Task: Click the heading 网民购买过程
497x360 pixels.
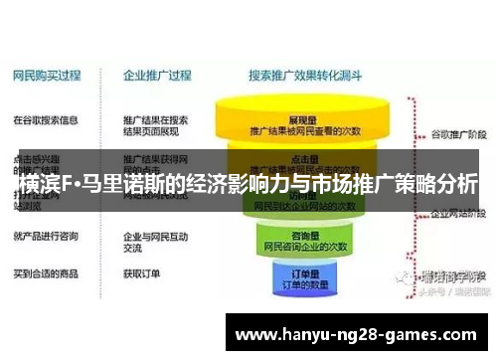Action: (47, 74)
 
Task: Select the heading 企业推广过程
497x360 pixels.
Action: (156, 74)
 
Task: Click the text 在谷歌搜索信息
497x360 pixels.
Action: (46, 120)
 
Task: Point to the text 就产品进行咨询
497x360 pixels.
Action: (46, 237)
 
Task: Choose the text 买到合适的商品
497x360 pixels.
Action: (46, 271)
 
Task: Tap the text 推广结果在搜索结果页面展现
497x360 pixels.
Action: (155, 126)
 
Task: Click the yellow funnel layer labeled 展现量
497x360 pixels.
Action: (304, 122)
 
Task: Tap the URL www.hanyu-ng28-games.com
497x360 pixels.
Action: (358, 336)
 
